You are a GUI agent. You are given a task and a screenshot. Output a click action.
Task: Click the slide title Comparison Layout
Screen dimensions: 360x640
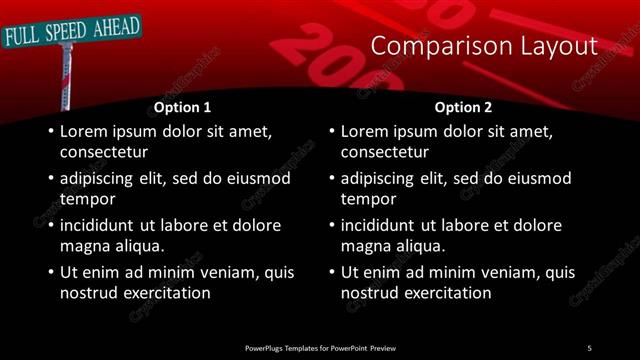[x=484, y=46]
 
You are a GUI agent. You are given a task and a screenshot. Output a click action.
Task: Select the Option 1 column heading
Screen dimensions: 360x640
[x=182, y=107]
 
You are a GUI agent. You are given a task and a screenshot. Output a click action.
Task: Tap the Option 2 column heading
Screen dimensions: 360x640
[x=463, y=107]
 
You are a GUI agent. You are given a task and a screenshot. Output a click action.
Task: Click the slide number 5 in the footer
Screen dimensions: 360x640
[x=590, y=347]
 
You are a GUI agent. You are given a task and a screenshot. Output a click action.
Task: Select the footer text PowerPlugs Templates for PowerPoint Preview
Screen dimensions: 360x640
[x=320, y=347]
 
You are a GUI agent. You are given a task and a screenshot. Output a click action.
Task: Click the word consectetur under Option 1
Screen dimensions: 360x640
[x=104, y=152]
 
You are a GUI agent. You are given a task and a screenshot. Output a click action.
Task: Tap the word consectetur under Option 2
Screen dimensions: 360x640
[x=385, y=152]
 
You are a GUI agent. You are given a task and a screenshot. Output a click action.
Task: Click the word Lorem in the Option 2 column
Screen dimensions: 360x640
[x=365, y=131]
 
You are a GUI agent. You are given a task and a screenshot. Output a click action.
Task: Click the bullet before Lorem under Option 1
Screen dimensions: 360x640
[x=49, y=131]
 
